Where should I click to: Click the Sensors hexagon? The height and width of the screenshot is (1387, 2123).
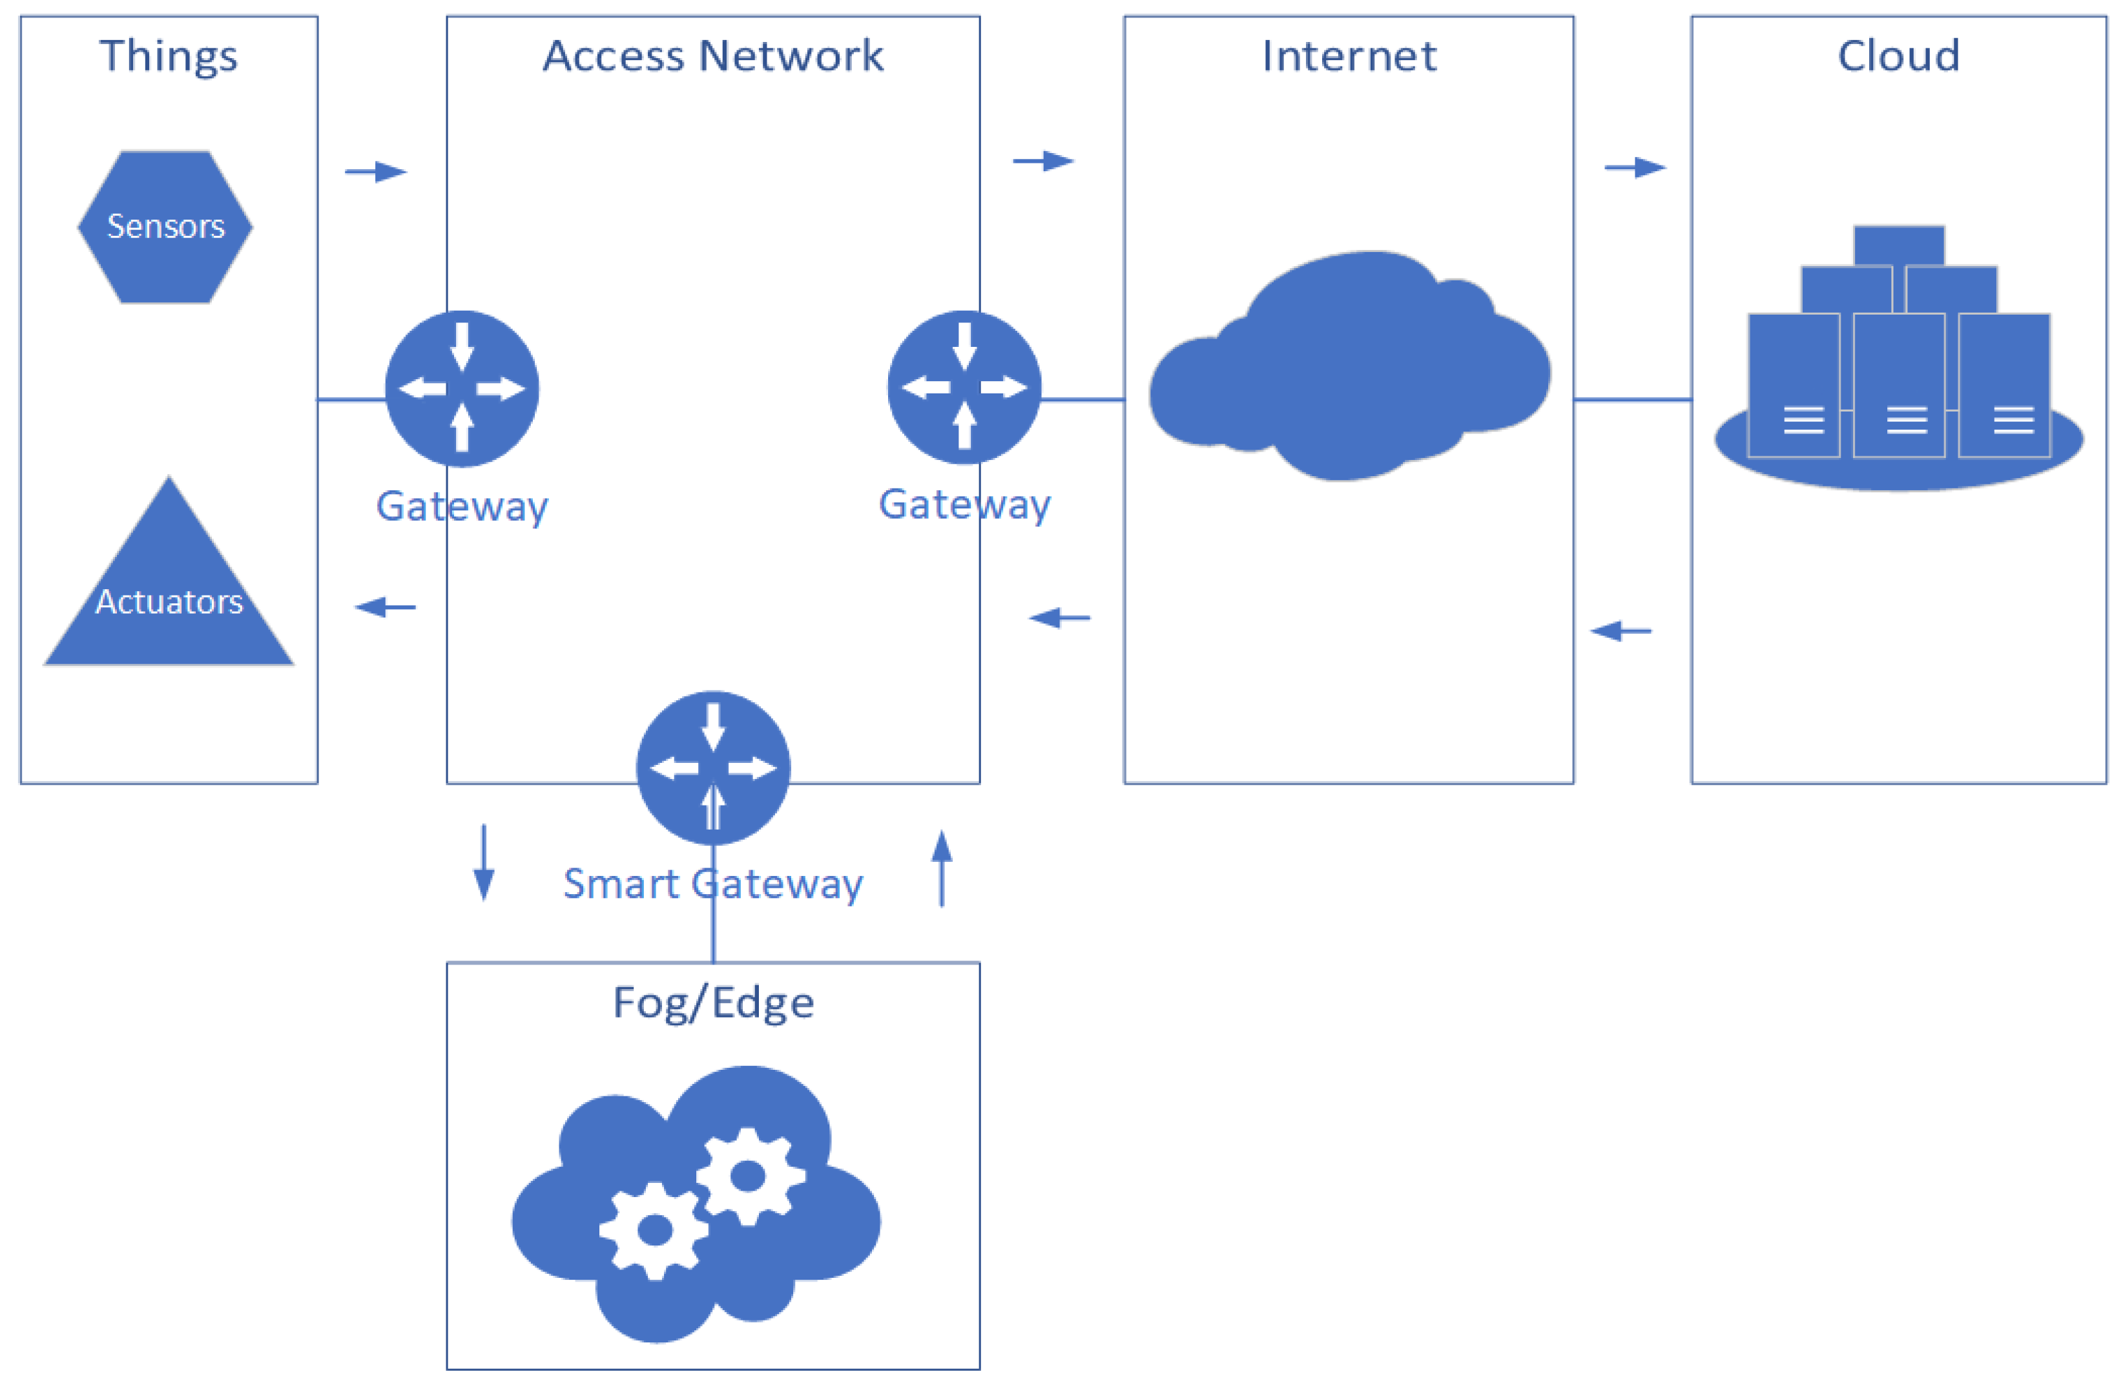pyautogui.click(x=165, y=227)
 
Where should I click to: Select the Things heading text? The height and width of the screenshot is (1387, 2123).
pyautogui.click(x=169, y=56)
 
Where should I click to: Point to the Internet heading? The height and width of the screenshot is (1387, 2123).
pyautogui.click(x=1349, y=56)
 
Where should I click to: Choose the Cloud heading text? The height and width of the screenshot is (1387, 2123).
pyautogui.click(x=1898, y=56)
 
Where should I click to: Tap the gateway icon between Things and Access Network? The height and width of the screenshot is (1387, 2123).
pyautogui.click(x=461, y=388)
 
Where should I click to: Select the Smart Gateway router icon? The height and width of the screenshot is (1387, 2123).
pyautogui.click(x=712, y=768)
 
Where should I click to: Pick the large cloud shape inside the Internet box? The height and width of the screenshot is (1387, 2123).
pyautogui.click(x=1349, y=375)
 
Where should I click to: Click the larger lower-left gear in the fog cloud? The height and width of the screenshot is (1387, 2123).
pyautogui.click(x=655, y=1231)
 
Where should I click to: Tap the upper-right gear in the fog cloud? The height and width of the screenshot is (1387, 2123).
pyautogui.click(x=747, y=1176)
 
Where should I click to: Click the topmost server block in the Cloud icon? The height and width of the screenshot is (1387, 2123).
pyautogui.click(x=1898, y=245)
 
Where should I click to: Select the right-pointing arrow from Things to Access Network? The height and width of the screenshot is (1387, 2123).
pyautogui.click(x=375, y=171)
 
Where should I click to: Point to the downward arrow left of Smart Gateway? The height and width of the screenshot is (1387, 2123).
pyautogui.click(x=484, y=862)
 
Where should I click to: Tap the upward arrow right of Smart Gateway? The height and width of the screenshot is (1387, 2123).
pyautogui.click(x=942, y=868)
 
